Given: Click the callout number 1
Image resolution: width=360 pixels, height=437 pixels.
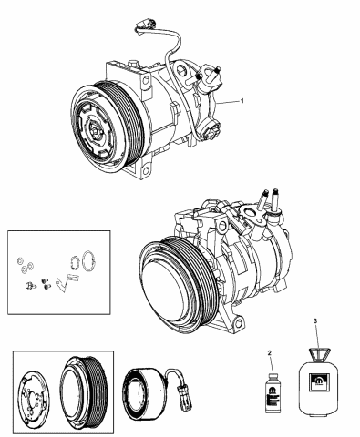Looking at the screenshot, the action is [x=242, y=101].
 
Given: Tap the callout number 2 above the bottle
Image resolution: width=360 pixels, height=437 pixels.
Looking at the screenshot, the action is [x=269, y=352].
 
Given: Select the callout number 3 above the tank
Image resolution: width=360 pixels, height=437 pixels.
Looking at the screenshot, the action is [x=315, y=320].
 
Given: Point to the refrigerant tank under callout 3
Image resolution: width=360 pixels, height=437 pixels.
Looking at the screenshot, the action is [x=318, y=381].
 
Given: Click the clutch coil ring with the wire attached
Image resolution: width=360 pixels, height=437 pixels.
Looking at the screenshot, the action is [x=137, y=391].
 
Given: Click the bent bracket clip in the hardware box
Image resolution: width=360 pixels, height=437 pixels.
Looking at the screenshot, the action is [x=67, y=282].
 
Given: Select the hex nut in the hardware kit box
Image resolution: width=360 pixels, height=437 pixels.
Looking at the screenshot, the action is [x=29, y=286].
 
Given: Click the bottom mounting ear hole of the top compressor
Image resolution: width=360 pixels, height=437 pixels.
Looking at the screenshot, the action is [x=146, y=170].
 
